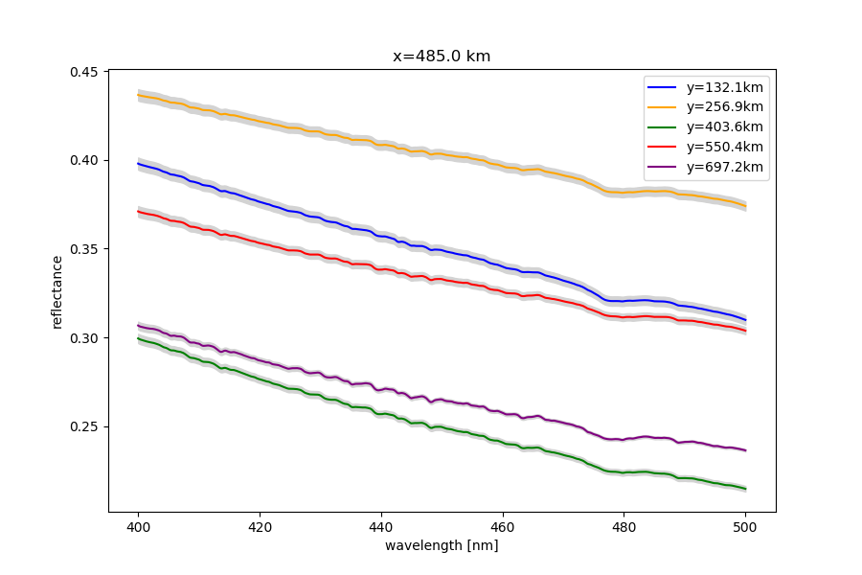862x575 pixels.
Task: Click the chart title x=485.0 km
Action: point(442,57)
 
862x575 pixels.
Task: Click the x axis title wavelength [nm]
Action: point(442,545)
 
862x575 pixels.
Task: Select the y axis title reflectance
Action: point(57,291)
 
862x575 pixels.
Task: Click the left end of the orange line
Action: point(139,95)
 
